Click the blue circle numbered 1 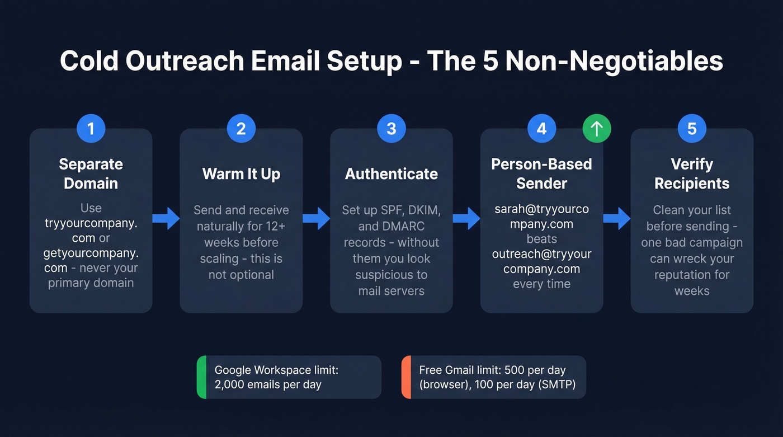tap(91, 129)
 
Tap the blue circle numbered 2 tap(241, 129)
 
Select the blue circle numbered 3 tap(391, 129)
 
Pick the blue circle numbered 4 tap(541, 129)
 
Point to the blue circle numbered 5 tap(692, 129)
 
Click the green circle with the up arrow tap(597, 129)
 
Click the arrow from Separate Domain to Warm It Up tap(166, 218)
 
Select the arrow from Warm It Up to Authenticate tap(317, 218)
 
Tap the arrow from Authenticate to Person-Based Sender tap(466, 218)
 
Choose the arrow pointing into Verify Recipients tap(617, 218)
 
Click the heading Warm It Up tap(241, 174)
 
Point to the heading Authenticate tap(391, 174)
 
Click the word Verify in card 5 tap(692, 165)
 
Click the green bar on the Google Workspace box tap(202, 377)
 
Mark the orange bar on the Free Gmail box tap(407, 377)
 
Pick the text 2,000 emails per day tap(268, 384)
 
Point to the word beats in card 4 tap(541, 239)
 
